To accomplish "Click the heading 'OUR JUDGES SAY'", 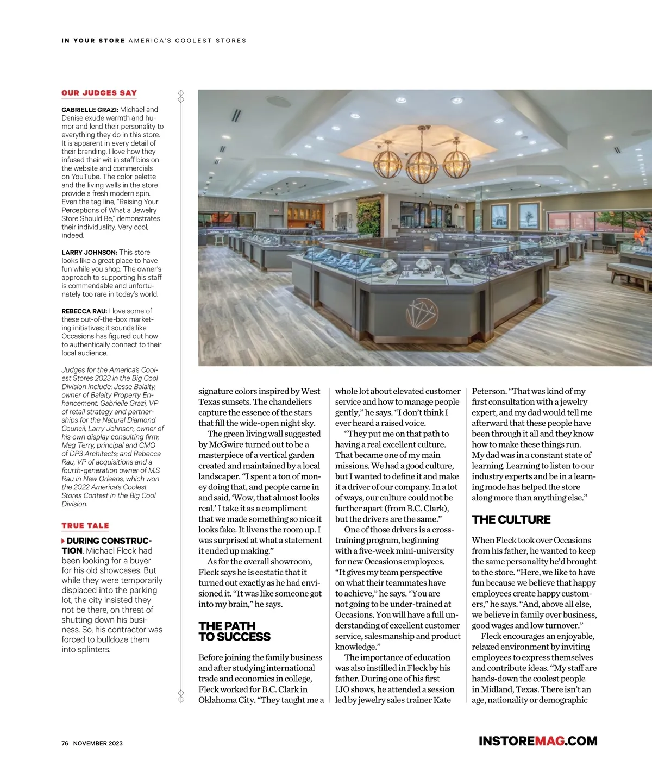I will tap(99, 93).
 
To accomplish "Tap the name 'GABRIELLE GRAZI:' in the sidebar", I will tap(90, 110).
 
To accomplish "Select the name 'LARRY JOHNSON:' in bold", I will tap(89, 253).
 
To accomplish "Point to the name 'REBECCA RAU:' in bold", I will tap(84, 311).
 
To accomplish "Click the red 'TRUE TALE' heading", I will tap(85, 526).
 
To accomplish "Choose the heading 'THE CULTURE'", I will tap(511, 520).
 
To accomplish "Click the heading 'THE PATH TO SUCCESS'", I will tap(234, 631).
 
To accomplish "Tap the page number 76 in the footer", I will tap(65, 743).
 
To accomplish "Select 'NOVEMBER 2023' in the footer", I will tap(98, 743).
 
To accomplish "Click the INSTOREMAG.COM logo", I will tap(537, 741).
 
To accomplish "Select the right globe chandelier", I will tap(456, 161).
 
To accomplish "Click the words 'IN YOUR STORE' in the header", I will tap(93, 41).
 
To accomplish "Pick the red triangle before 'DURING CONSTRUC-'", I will tap(64, 541).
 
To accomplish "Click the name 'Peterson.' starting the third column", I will tap(489, 392).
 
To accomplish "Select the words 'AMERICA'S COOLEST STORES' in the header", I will tap(187, 41).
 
